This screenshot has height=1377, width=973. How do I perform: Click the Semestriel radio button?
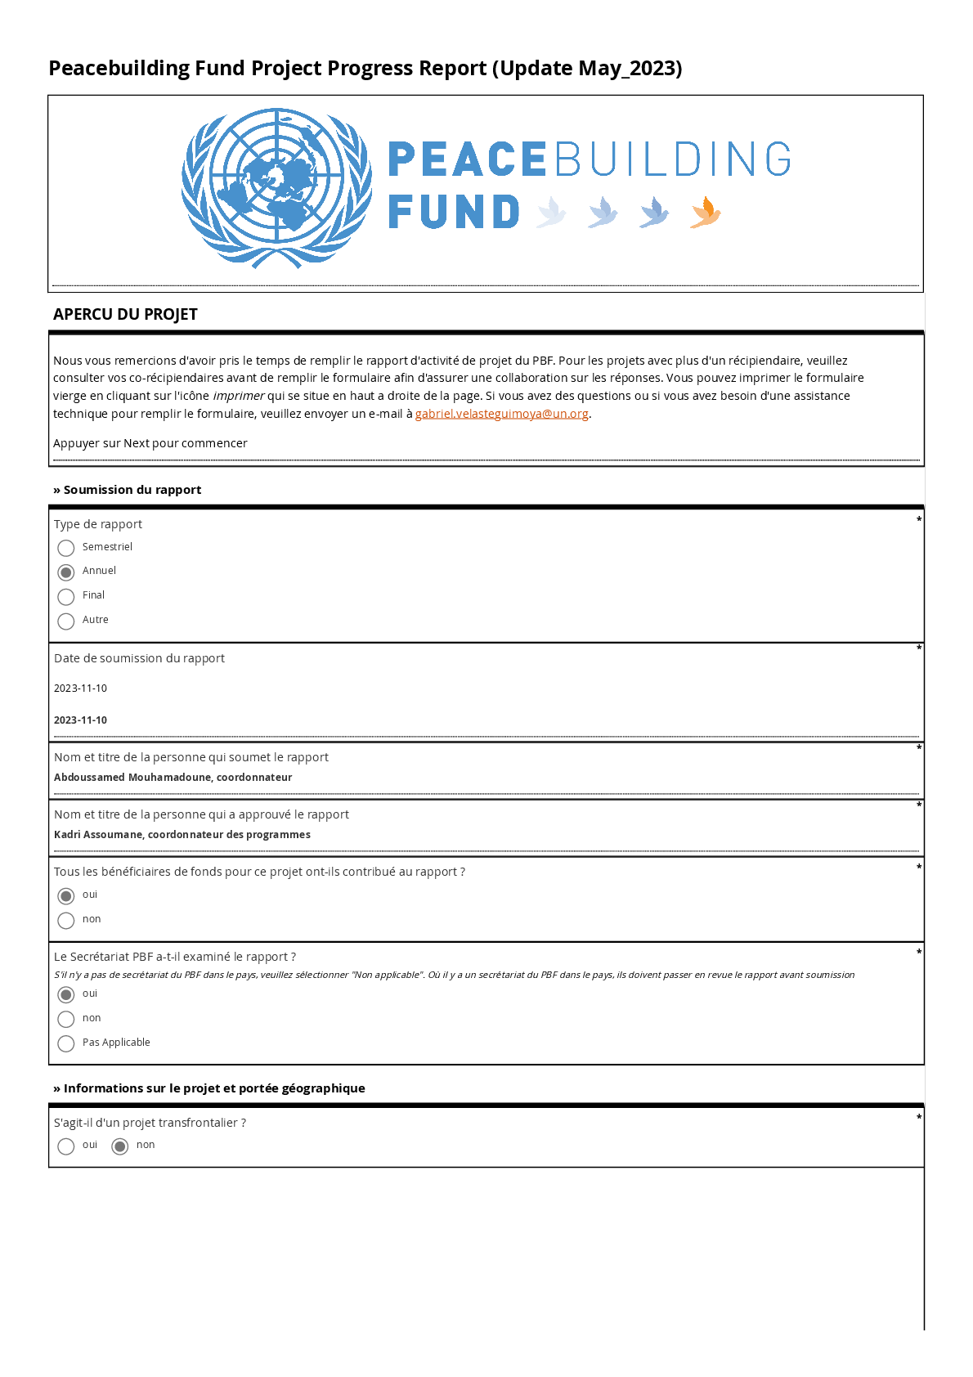point(66,548)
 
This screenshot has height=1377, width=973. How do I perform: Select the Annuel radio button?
point(66,572)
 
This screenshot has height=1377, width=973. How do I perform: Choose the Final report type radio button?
point(66,597)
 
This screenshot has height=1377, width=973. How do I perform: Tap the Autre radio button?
point(66,621)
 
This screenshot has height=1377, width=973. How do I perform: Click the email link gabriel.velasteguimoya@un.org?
point(501,414)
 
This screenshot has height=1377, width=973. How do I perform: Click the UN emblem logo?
point(276,188)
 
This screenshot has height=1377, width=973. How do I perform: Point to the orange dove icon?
point(705,213)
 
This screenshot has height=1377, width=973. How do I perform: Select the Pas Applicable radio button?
point(66,1043)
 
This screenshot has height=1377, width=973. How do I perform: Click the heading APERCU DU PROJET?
point(125,315)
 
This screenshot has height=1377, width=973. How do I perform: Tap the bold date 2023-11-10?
point(80,720)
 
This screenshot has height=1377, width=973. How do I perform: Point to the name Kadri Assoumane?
point(99,835)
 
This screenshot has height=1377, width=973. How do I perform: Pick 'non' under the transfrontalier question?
point(120,1146)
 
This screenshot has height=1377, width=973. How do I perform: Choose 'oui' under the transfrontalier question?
point(66,1146)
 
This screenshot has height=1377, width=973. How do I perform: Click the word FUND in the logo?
point(454,212)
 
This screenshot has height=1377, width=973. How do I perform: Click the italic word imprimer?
point(238,396)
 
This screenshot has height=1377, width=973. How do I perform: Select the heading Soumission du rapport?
point(132,490)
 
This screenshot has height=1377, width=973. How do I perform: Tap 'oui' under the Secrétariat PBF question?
point(66,994)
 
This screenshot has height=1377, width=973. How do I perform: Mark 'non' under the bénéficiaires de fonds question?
point(66,921)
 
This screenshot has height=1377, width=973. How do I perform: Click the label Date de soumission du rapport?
point(139,658)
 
